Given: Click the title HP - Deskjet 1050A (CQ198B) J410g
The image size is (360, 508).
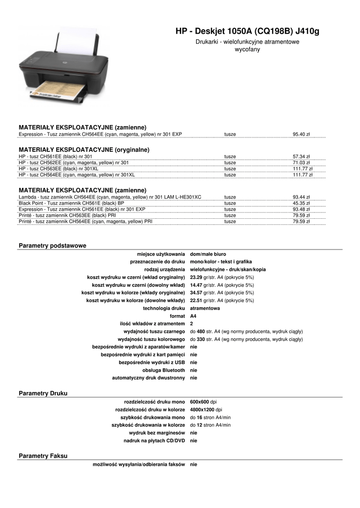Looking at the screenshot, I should (x=247, y=32).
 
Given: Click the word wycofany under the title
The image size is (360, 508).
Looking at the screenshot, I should (x=247, y=50).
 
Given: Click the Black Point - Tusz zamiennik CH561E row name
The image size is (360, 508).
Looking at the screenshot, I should (x=72, y=203).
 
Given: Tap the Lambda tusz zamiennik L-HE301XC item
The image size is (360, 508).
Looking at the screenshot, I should (x=110, y=197).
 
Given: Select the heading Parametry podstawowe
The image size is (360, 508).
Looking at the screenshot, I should (x=53, y=246).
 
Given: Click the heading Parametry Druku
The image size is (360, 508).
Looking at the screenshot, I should (x=43, y=393).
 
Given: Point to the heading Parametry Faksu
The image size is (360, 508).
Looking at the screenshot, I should (x=43, y=455).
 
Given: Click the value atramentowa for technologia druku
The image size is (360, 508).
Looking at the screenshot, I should (x=205, y=308).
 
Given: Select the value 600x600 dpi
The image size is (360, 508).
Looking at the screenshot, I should (x=203, y=401).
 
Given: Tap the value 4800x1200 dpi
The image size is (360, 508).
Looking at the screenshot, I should (x=206, y=409).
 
